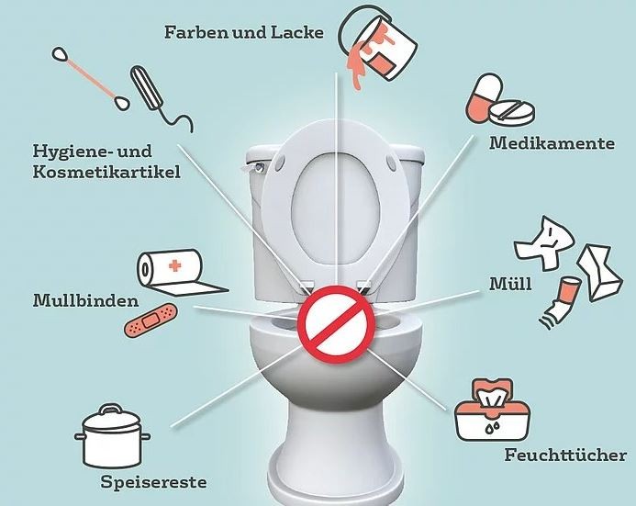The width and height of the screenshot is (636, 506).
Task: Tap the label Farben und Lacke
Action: click(x=244, y=32)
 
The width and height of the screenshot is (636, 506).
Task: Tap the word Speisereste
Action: click(x=153, y=482)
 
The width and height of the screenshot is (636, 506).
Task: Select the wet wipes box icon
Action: click(x=493, y=410)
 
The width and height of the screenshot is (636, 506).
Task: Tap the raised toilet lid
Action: click(x=340, y=193)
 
